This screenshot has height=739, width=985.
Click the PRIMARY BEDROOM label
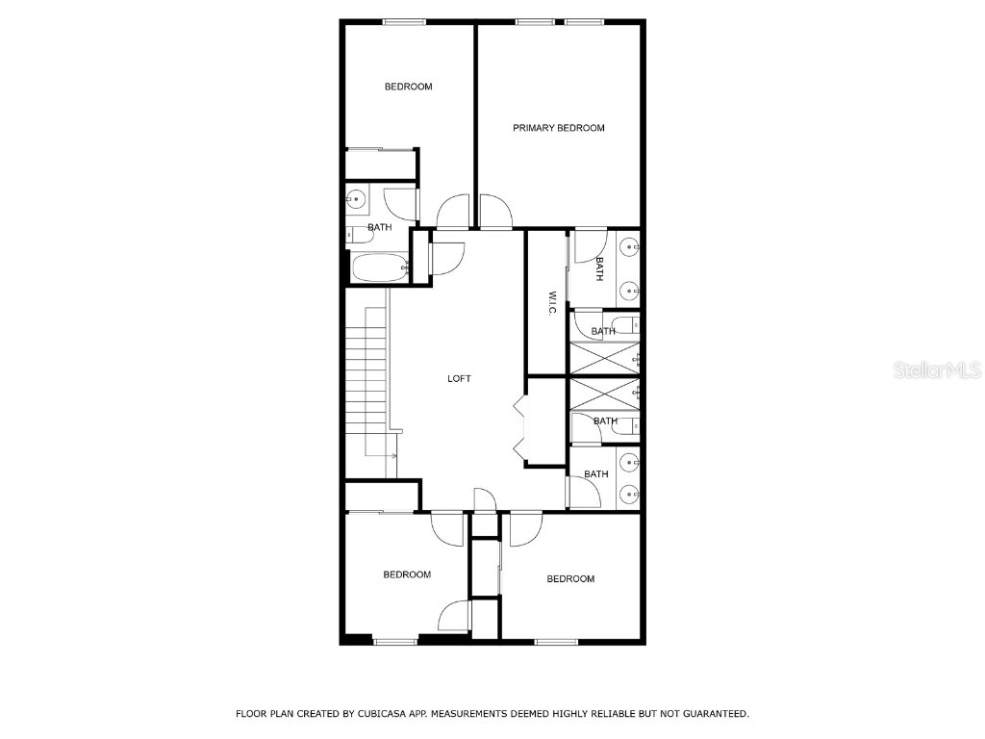558,128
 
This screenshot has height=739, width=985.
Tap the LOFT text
459,379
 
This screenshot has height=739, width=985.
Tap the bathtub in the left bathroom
380,268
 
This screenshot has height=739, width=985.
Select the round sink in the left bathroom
356,200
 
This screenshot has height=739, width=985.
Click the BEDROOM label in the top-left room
408,87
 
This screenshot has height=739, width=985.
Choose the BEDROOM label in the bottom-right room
570,578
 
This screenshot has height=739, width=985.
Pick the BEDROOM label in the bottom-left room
407,574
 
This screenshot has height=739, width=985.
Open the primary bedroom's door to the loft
495,212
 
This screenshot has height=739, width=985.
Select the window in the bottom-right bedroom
556,642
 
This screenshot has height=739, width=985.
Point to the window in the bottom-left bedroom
394,642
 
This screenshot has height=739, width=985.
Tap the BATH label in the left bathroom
379,228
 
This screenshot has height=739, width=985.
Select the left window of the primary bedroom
535,22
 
